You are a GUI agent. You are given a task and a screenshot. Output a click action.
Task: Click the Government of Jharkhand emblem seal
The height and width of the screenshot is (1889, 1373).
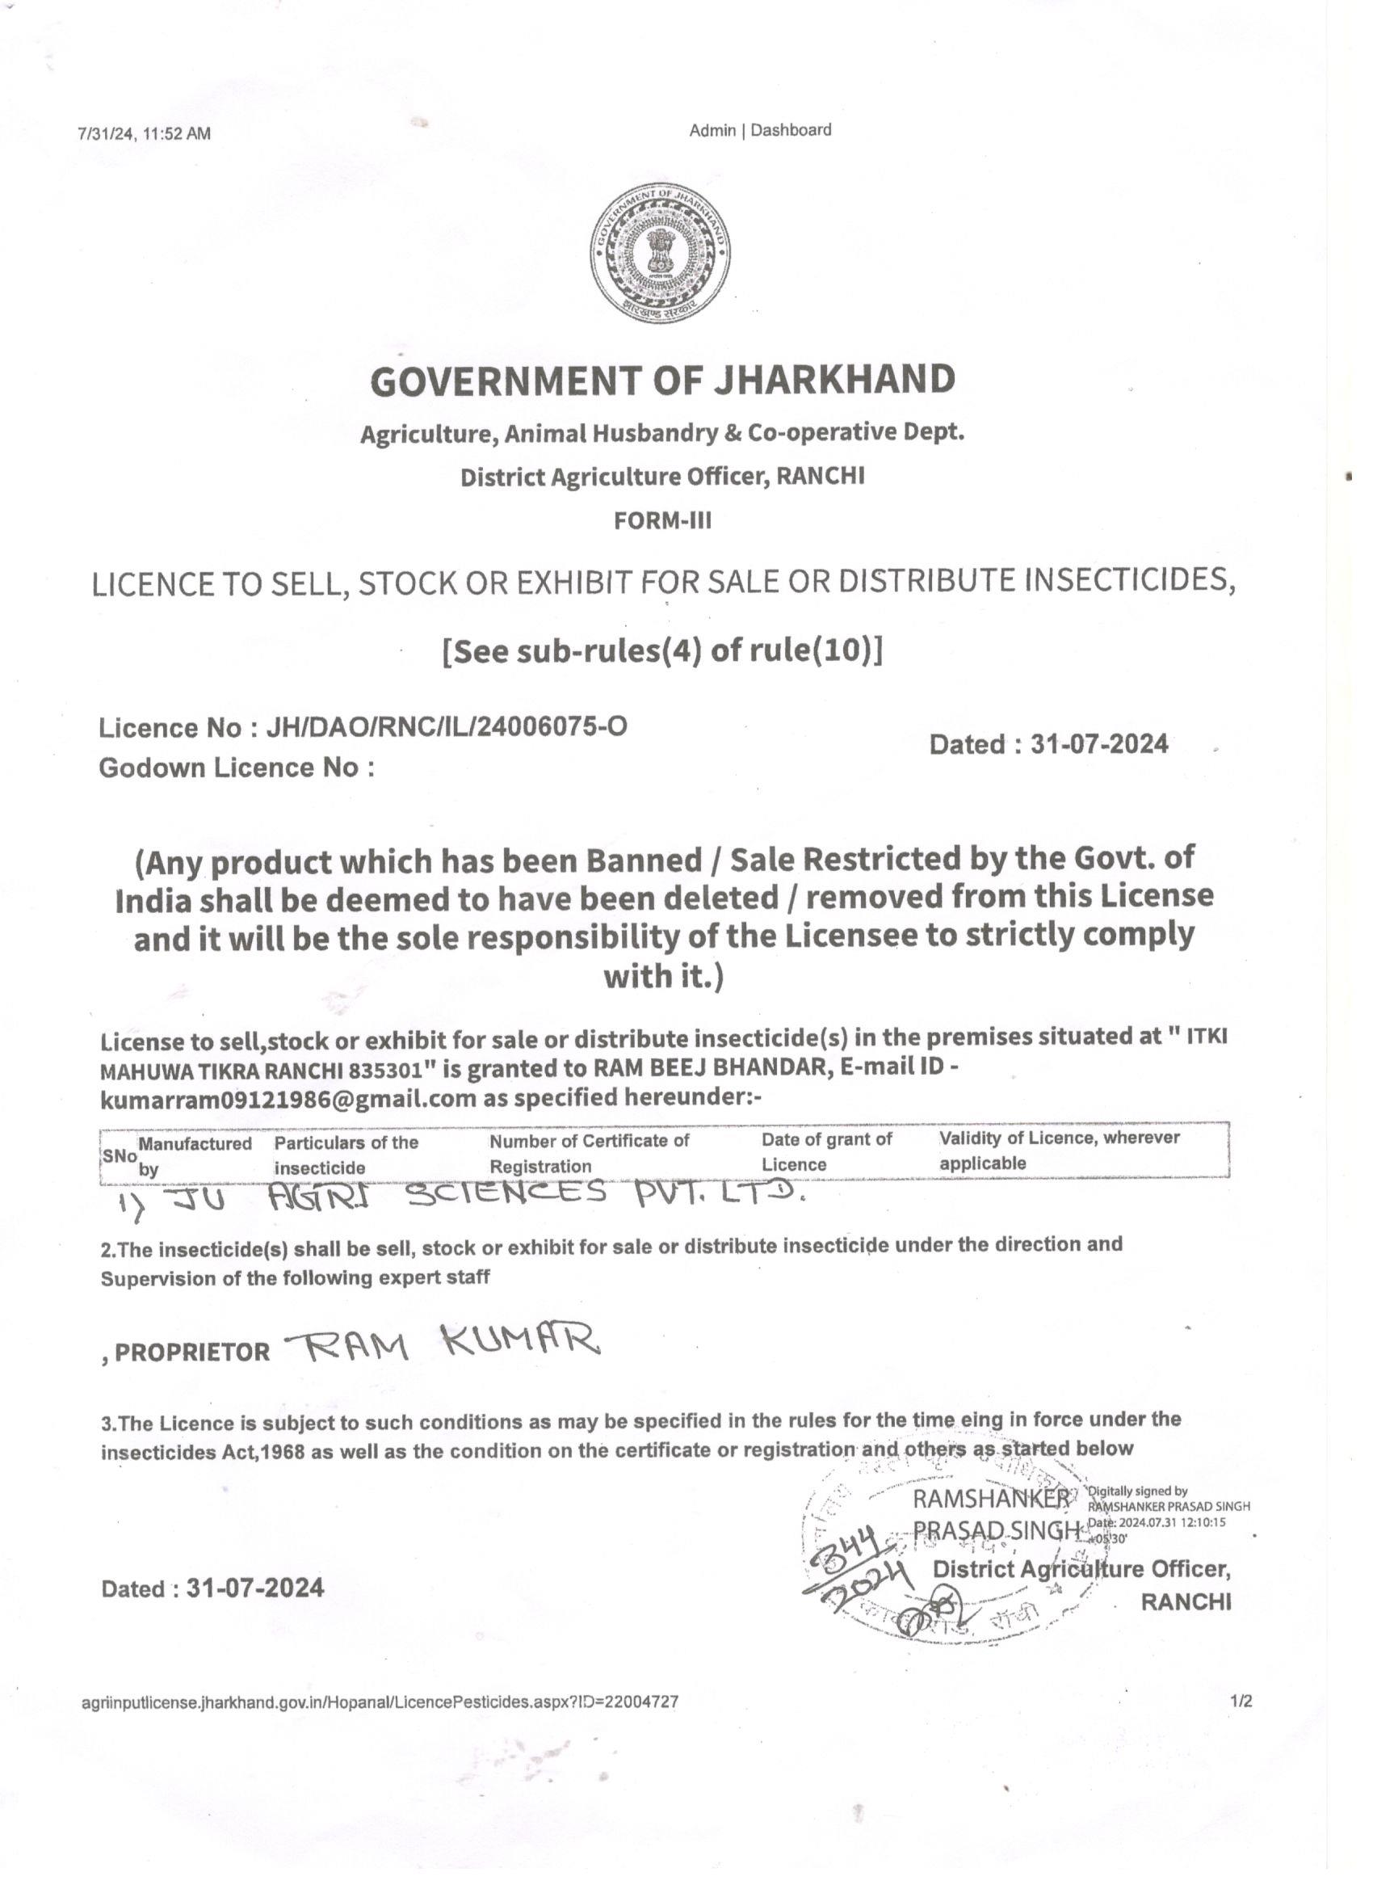[661, 253]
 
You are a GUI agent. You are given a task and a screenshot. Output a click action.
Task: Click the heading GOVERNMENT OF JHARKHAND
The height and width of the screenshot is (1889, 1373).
[663, 380]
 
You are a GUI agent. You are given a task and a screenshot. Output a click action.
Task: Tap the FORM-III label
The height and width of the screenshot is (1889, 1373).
[663, 520]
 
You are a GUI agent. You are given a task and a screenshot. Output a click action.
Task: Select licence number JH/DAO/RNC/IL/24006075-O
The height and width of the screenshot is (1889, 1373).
[447, 727]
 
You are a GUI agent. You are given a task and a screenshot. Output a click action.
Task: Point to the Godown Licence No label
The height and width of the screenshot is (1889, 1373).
[236, 767]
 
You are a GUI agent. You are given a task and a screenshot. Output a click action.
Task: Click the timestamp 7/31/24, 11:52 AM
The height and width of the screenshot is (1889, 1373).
[144, 133]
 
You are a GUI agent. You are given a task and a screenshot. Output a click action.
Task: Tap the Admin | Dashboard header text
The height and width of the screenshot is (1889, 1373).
[759, 130]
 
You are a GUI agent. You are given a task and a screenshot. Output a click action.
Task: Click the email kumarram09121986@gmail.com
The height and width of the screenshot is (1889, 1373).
[288, 1099]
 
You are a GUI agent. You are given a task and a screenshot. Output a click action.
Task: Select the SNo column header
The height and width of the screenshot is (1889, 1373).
[119, 1156]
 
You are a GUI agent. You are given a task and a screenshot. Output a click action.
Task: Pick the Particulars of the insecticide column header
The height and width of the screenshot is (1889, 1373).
[346, 1155]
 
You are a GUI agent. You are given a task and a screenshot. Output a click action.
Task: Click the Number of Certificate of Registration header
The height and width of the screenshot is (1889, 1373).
[589, 1153]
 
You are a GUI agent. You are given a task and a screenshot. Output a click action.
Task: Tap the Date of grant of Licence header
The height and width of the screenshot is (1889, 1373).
[826, 1151]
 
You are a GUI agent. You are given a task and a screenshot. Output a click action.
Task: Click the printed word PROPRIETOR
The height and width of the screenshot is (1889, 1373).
[191, 1352]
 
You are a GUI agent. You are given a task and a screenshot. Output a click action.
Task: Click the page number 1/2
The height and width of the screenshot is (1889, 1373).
[1241, 1701]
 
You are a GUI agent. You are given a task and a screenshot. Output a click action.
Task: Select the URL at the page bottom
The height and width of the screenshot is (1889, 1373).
[380, 1702]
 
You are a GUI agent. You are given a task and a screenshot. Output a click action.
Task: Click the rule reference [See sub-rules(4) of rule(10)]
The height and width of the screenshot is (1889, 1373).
[663, 650]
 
